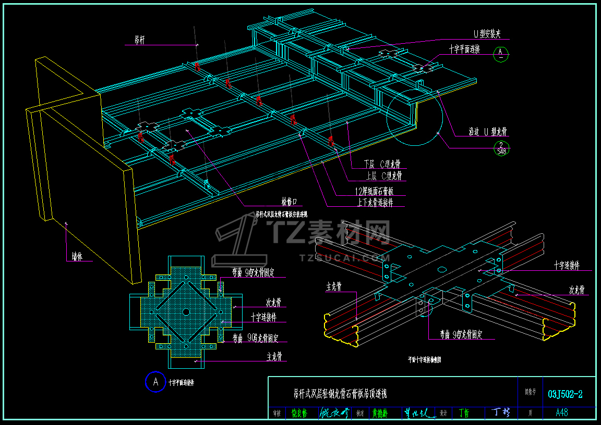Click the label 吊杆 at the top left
pos(139,40)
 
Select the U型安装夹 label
pos(487,34)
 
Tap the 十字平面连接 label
pos(464,49)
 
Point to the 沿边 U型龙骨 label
pos(487,132)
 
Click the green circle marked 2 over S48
pos(501,148)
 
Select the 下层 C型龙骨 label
pos(386,165)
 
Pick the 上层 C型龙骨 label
pos(386,176)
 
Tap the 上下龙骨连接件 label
pos(375,203)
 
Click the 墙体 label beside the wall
pos(77,257)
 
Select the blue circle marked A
pos(155,382)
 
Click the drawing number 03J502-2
pos(565,395)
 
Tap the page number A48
pos(562,413)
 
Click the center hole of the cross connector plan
pos(186,311)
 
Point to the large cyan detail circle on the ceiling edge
pos(415,117)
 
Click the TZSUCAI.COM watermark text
pos(344,257)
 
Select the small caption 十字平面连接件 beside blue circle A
pos(181,383)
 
